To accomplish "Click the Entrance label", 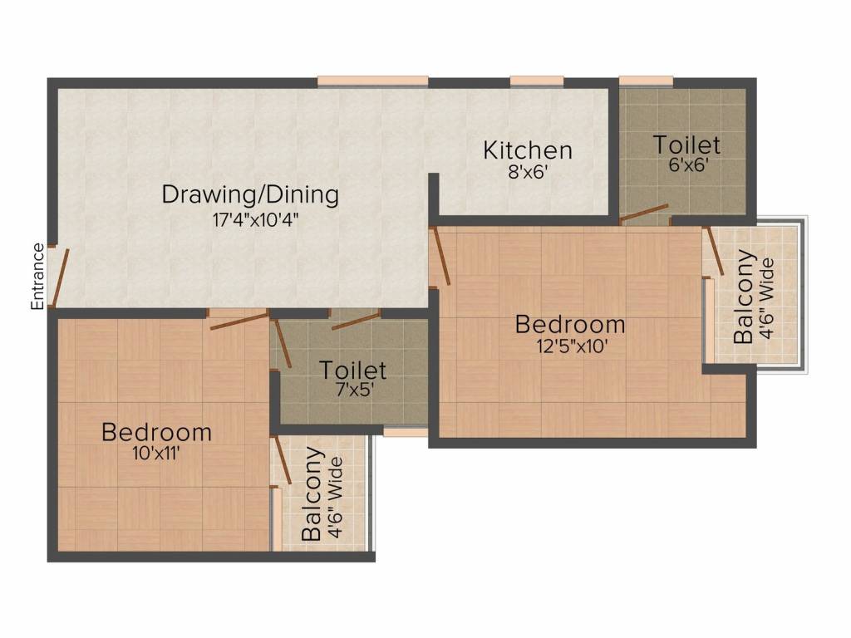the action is pyautogui.click(x=37, y=277).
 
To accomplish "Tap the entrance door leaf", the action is pyautogui.click(x=60, y=277).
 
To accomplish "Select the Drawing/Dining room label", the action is pyautogui.click(x=250, y=194).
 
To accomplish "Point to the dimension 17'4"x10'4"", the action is pyautogui.click(x=256, y=220).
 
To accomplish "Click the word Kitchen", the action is pyautogui.click(x=528, y=150).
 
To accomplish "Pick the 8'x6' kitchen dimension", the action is pyautogui.click(x=528, y=173).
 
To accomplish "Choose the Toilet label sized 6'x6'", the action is pyautogui.click(x=686, y=145).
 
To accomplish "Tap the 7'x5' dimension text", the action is pyautogui.click(x=355, y=390).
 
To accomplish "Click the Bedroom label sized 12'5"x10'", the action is pyautogui.click(x=570, y=325).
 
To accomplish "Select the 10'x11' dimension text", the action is pyautogui.click(x=156, y=453).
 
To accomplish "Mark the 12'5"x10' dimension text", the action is pyautogui.click(x=572, y=346).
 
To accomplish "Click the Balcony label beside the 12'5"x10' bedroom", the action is pyautogui.click(x=743, y=297).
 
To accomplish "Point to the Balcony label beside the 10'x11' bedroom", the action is pyautogui.click(x=312, y=493).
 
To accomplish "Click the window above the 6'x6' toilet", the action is pyautogui.click(x=646, y=81).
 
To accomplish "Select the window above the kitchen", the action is pyautogui.click(x=537, y=81).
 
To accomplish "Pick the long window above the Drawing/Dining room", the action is pyautogui.click(x=373, y=81).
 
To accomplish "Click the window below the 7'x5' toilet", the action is pyautogui.click(x=406, y=432).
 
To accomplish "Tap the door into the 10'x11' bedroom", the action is pyautogui.click(x=239, y=321).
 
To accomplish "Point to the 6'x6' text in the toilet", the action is pyautogui.click(x=689, y=165).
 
